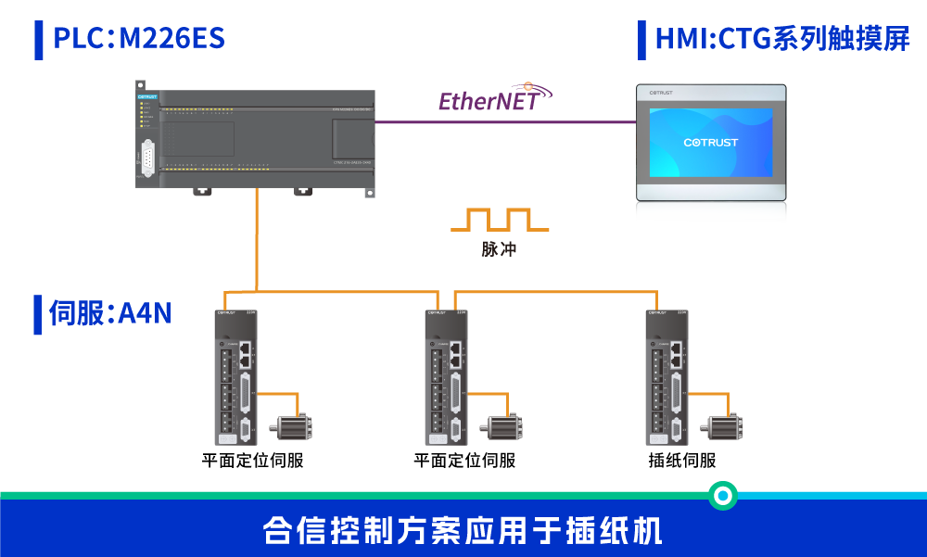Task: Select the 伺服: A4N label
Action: [109, 313]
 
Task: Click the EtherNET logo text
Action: [489, 100]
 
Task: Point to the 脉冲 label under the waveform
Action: [499, 249]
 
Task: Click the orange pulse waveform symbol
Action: [499, 221]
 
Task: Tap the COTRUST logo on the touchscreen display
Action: [711, 143]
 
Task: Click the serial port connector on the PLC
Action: [147, 157]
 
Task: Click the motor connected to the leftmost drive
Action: [291, 428]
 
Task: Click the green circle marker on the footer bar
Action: [722, 496]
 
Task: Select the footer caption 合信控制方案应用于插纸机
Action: [463, 531]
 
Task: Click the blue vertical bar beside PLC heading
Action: [39, 40]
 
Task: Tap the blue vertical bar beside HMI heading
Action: [641, 40]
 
